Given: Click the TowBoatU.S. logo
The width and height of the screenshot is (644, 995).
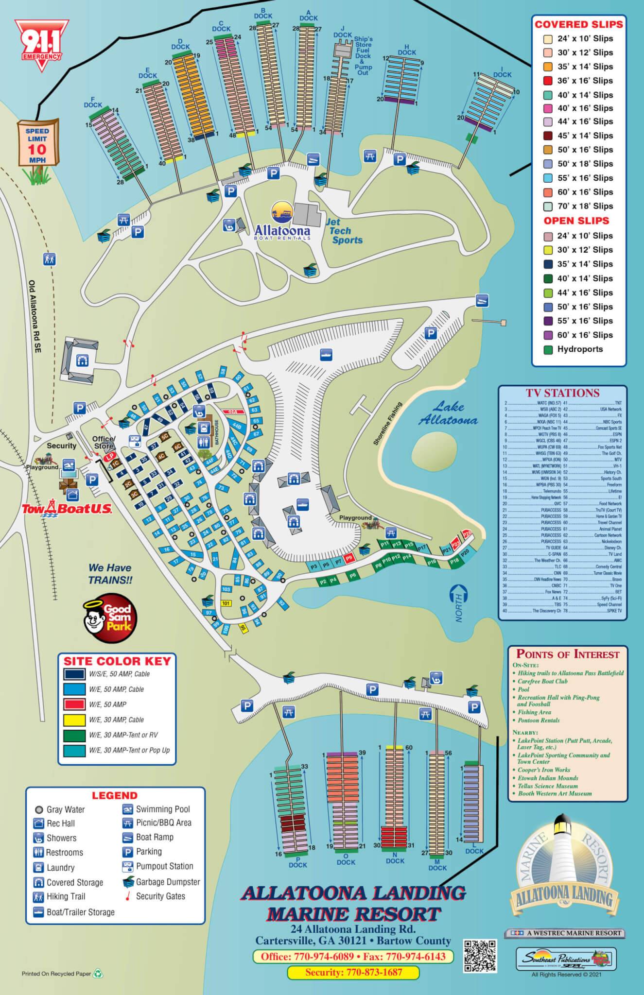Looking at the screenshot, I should click(x=67, y=509).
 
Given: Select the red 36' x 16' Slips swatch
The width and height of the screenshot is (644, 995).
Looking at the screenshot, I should click(x=548, y=81).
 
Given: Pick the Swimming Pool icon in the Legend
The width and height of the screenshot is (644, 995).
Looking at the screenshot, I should click(x=128, y=809).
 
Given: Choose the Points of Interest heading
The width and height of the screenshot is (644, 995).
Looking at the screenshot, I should click(x=568, y=654).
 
